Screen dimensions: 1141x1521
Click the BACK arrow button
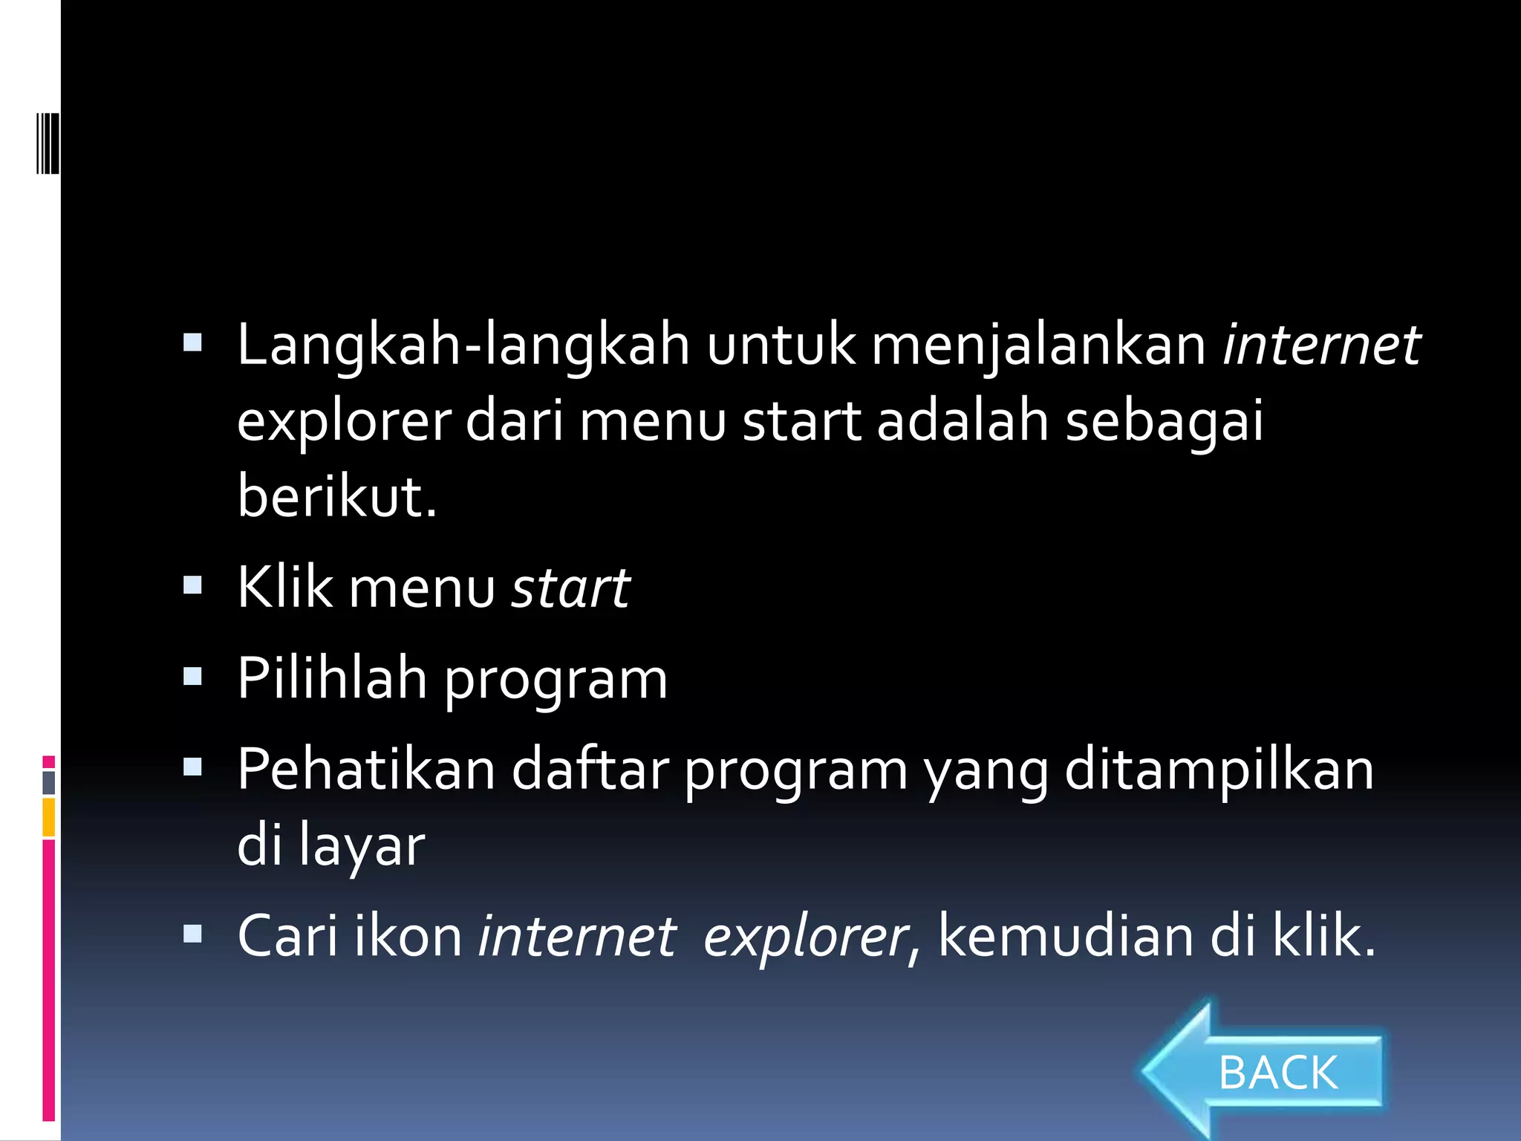coord(1263,1072)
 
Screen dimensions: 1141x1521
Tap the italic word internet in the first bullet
coord(1321,345)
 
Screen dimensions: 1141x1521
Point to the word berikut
coord(336,496)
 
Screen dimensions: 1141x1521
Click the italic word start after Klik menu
coord(570,588)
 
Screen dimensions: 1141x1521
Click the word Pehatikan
coord(366,770)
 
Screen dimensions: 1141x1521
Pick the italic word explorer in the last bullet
coord(805,936)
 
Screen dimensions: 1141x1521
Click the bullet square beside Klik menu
coord(193,585)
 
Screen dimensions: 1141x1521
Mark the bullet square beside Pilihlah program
coord(193,676)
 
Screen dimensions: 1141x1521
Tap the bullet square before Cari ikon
coord(193,933)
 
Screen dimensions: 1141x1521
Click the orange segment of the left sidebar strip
coord(48,817)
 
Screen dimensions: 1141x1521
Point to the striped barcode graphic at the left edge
coord(48,143)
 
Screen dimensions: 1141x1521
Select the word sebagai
coord(1164,421)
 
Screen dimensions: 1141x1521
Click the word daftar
coord(590,770)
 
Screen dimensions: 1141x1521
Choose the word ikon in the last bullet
coord(408,936)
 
